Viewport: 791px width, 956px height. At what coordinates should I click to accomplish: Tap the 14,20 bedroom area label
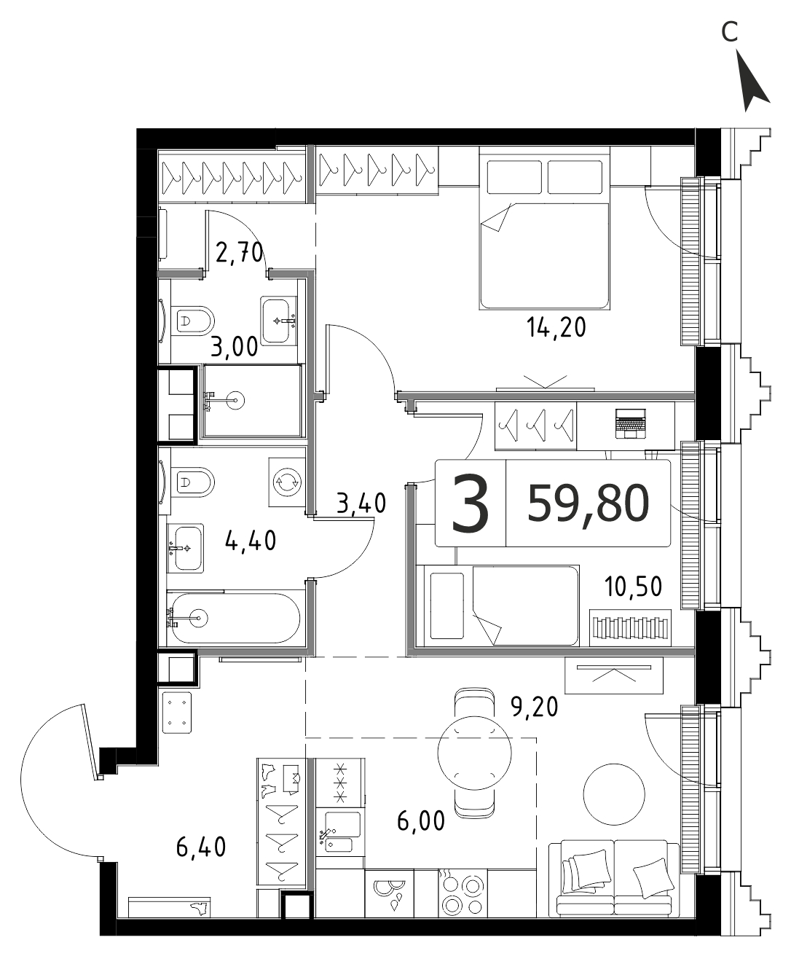click(x=556, y=328)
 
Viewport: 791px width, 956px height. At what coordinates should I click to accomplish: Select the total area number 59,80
click(x=589, y=504)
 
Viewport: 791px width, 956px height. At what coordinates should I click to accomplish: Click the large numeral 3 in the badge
click(x=470, y=504)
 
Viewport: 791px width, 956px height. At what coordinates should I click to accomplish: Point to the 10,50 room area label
click(x=633, y=587)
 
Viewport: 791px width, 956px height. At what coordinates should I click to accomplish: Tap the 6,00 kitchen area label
click(x=421, y=820)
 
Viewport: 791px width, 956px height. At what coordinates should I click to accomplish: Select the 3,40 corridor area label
click(x=361, y=503)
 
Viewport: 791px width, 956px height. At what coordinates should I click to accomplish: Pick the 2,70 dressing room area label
click(x=239, y=252)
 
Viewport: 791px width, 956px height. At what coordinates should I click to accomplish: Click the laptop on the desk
click(x=631, y=423)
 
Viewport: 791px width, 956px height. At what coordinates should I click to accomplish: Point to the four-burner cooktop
click(x=462, y=895)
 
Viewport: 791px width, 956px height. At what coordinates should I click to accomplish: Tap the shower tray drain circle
click(x=236, y=401)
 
